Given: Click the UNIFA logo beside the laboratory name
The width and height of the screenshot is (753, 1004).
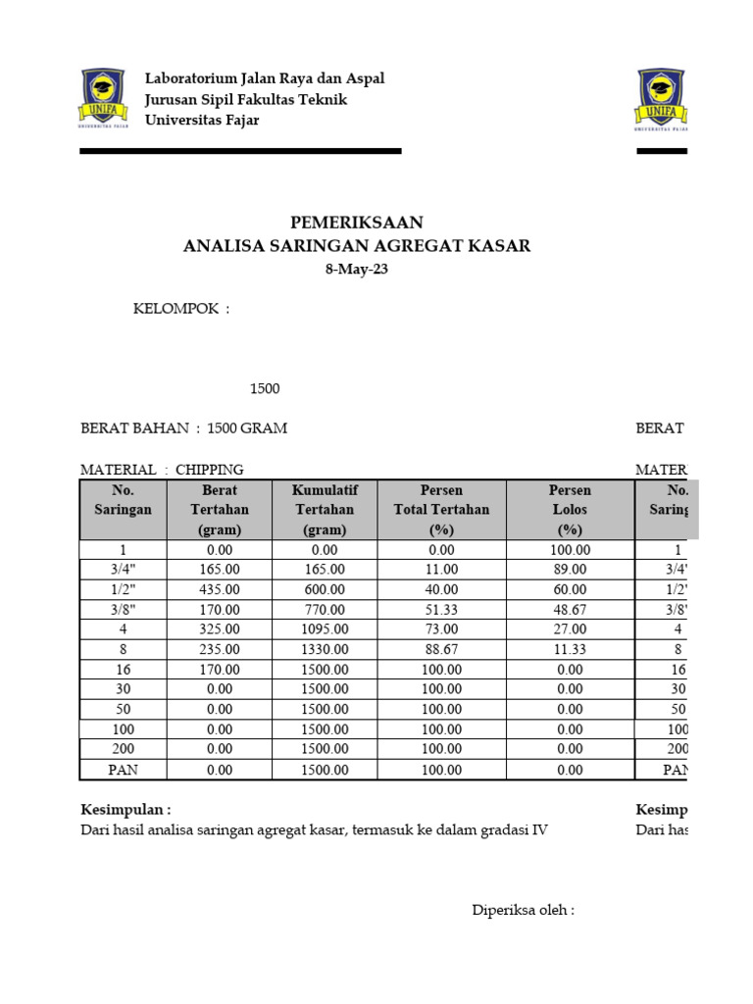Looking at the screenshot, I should click(x=103, y=99).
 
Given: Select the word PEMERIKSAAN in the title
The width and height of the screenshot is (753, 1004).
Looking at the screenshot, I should click(x=357, y=223).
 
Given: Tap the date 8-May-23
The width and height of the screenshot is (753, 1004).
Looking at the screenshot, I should click(x=357, y=270).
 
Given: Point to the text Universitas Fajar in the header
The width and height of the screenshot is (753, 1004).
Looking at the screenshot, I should click(x=202, y=121).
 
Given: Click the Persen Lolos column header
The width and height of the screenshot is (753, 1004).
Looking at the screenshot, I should click(x=570, y=509).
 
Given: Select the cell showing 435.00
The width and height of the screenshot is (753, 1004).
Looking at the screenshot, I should click(x=221, y=589).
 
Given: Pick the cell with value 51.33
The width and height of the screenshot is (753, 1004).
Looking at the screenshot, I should click(x=440, y=609).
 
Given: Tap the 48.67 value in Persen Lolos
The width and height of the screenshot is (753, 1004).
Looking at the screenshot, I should click(x=570, y=609).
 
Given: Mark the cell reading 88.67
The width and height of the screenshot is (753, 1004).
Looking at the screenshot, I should click(x=440, y=649).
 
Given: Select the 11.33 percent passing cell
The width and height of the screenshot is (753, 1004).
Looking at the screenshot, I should click(x=570, y=649).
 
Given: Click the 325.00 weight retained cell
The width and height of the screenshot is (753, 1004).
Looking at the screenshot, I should click(x=221, y=629).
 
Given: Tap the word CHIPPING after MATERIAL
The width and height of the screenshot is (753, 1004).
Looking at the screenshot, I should click(x=209, y=470).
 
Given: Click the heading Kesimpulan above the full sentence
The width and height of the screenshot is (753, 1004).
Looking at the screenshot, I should click(x=125, y=810).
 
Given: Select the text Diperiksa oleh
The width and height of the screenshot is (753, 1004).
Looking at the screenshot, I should click(x=523, y=910).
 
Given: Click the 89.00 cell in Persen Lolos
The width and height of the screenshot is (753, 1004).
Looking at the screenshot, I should click(x=570, y=569).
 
